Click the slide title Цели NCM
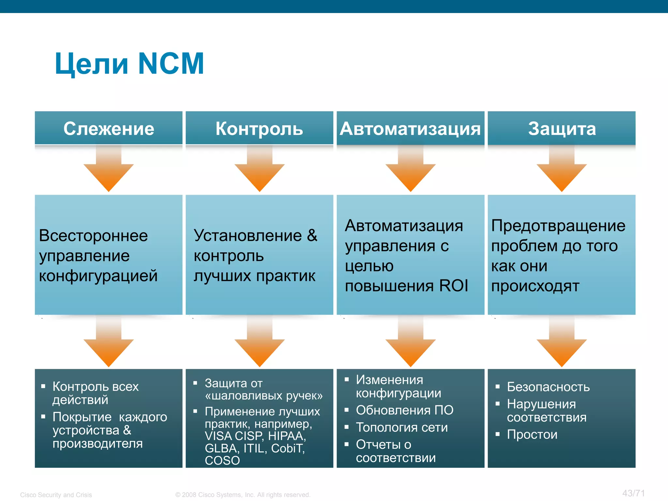point(129,64)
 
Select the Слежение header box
point(109,128)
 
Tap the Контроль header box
point(259,128)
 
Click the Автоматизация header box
point(410,128)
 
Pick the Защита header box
point(562,128)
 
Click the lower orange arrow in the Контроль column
point(259,346)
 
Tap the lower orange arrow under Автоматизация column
point(410,346)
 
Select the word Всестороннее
point(93,235)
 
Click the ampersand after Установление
point(312,235)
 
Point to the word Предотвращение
point(558,225)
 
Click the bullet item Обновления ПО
point(404,410)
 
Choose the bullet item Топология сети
point(402,427)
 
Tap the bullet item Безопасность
point(548,387)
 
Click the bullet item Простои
point(532,434)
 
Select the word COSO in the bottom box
point(222,461)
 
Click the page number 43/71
point(633,493)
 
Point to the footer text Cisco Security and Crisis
point(56,495)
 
